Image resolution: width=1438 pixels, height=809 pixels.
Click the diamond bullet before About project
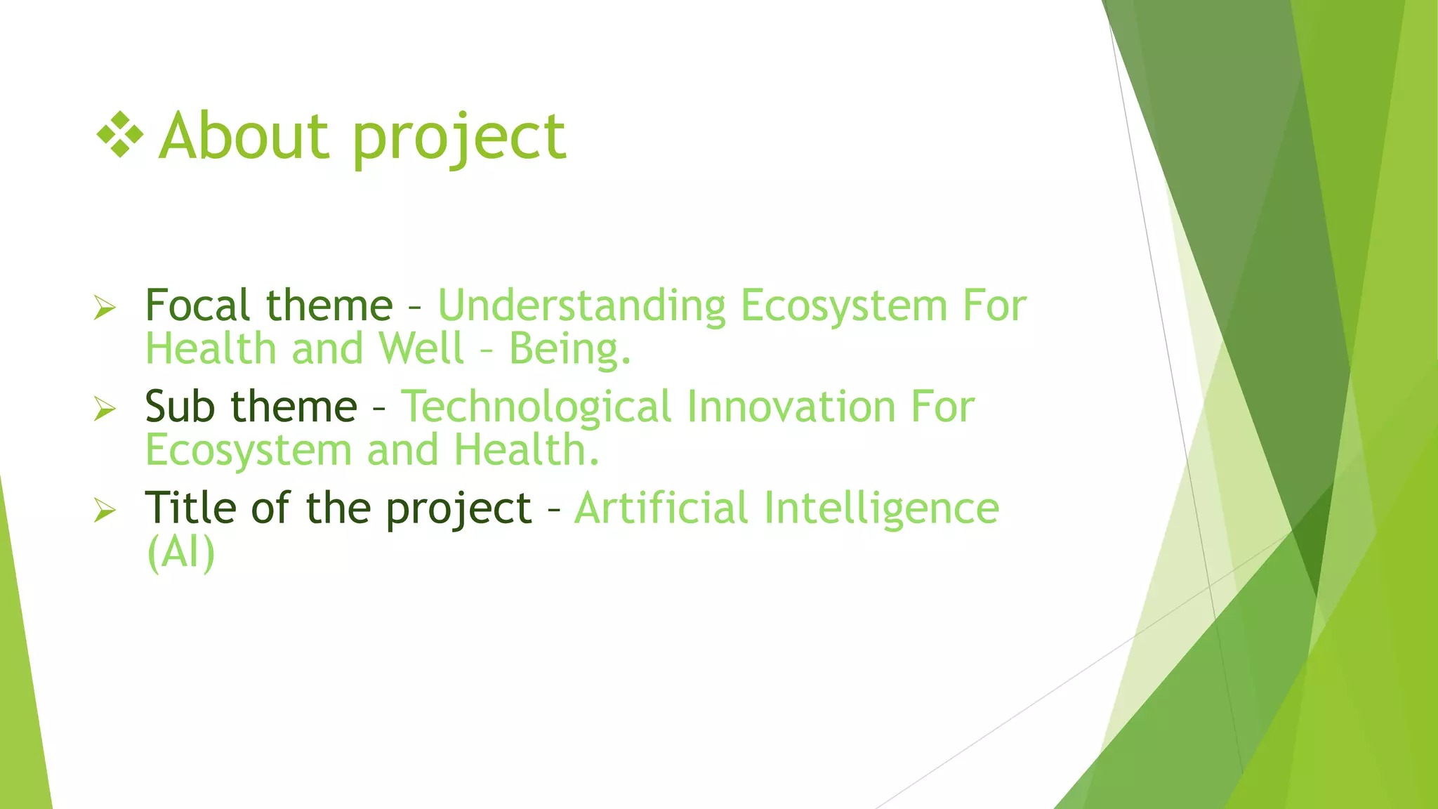(x=120, y=134)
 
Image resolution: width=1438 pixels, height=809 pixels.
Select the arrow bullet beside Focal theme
(x=104, y=307)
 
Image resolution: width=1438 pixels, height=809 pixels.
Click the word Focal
(x=197, y=305)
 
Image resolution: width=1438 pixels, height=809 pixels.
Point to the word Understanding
(x=581, y=307)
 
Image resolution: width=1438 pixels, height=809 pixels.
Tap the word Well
(x=421, y=349)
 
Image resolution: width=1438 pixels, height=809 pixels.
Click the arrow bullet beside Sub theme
(x=104, y=408)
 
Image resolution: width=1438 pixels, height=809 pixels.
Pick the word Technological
(x=536, y=408)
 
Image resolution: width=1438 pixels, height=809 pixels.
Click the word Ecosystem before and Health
(x=249, y=451)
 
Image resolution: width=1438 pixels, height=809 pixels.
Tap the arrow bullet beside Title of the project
(x=104, y=510)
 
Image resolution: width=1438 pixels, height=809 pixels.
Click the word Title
(x=187, y=508)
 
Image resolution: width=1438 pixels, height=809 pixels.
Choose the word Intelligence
(x=881, y=509)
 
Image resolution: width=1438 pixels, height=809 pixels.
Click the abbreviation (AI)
(x=180, y=553)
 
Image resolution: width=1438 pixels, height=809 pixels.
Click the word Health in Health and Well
(x=211, y=349)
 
